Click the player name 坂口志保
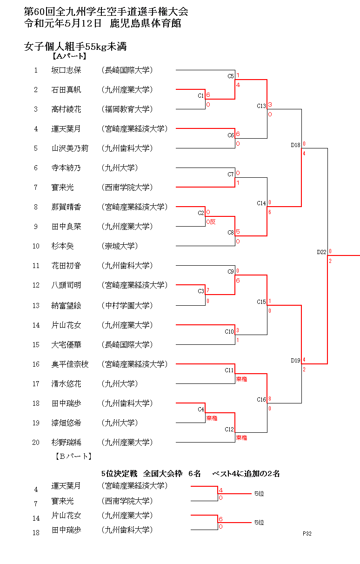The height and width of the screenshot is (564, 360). coord(66,70)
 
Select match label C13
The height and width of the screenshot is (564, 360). coord(261,106)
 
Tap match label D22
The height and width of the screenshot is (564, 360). coord(322,252)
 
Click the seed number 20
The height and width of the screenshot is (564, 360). coord(36,443)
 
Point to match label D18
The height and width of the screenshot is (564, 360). coord(295,145)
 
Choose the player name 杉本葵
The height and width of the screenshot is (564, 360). coord(62,246)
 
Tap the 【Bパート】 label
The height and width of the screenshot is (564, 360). coord(73,456)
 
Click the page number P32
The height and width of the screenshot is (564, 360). coord(307,534)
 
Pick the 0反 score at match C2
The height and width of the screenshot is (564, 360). coord(211,222)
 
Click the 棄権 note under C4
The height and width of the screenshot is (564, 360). coord(212,418)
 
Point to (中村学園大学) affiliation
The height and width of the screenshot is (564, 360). coord(127,306)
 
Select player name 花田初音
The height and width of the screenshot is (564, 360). coord(66,266)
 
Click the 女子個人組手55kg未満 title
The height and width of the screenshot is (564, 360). coord(76,47)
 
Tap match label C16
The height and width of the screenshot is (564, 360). coord(261,399)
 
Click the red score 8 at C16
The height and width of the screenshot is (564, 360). coord(270,399)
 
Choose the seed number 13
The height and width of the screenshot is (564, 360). coord(36,306)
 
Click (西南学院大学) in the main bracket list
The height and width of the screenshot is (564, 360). coord(127,188)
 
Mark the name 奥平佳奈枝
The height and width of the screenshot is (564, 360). coord(70,364)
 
